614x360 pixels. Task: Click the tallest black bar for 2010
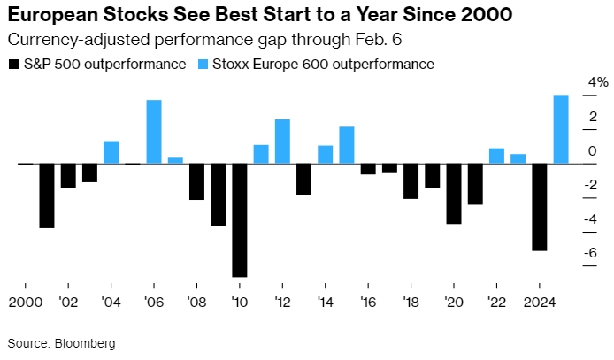pyautogui.click(x=239, y=220)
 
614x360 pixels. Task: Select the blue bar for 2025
pyautogui.click(x=560, y=129)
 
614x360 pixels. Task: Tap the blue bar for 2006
pyautogui.click(x=154, y=132)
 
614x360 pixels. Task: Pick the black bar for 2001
pyautogui.click(x=47, y=195)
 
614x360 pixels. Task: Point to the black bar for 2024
pyautogui.click(x=539, y=207)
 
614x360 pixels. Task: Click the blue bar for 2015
pyautogui.click(x=347, y=145)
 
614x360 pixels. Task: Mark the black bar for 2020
pyautogui.click(x=454, y=194)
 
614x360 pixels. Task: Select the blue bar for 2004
pyautogui.click(x=111, y=152)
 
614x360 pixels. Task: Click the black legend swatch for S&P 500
pyautogui.click(x=12, y=65)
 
